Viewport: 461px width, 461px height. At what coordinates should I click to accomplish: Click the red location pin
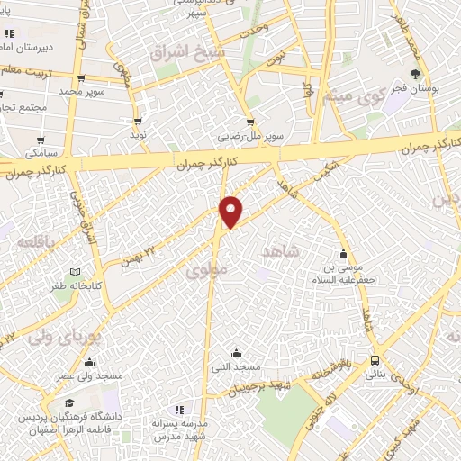click(232, 211)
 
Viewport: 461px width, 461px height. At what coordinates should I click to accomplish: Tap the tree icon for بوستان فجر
click(415, 74)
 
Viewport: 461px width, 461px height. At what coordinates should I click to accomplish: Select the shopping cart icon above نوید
click(138, 121)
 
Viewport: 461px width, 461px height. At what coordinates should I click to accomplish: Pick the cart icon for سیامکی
click(41, 140)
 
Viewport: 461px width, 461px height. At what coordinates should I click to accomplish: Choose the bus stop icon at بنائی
click(375, 358)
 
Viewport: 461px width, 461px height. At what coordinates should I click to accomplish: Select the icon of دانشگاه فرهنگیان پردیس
click(19, 420)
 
